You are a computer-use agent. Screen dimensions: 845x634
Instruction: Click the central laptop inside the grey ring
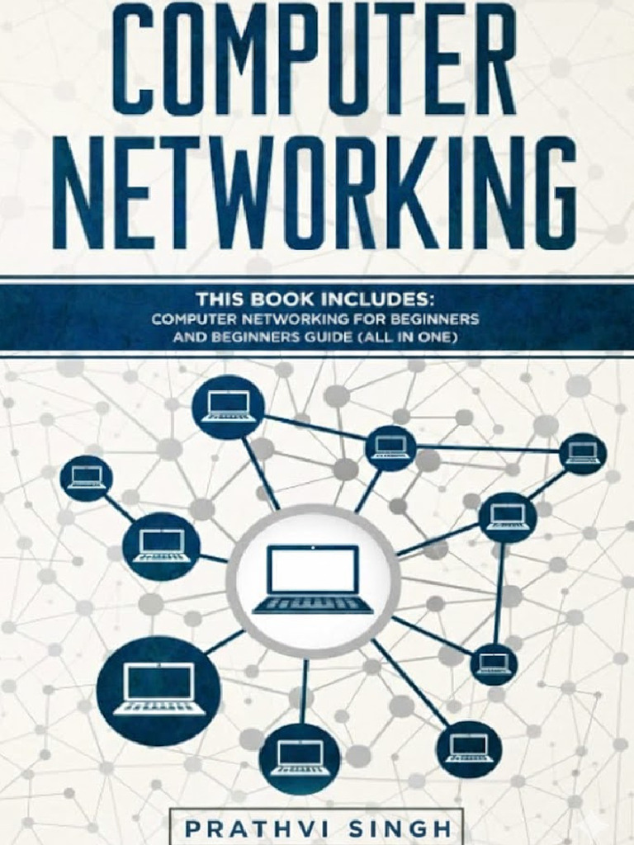point(313,580)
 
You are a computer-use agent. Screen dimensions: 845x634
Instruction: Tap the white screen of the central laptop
point(313,569)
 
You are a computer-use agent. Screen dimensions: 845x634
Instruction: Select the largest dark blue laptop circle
point(158,690)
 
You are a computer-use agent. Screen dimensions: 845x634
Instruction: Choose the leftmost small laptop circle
point(86,478)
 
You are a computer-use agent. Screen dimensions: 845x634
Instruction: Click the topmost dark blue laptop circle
point(229,407)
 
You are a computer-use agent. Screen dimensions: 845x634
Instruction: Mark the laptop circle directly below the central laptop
point(300,757)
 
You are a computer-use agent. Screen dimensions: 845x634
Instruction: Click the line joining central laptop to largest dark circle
point(225,641)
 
